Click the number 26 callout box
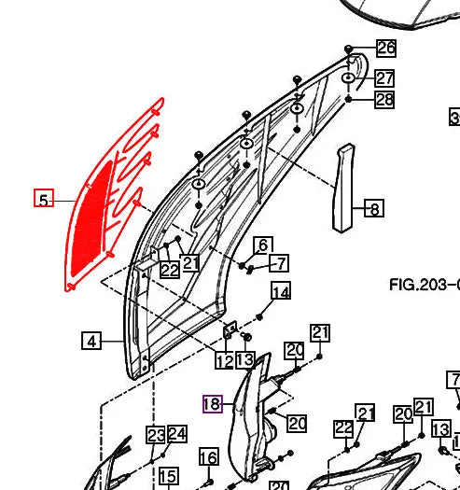point(385,48)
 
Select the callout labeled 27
point(384,78)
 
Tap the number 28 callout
point(384,99)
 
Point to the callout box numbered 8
point(372,208)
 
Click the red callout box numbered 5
point(43,199)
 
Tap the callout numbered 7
point(279,262)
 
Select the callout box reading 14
point(281,292)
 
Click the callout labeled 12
point(225,360)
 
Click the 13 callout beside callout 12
point(244,360)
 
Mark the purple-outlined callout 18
point(213,404)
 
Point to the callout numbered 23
point(155,435)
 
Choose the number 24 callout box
point(176,434)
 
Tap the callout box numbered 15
point(168,477)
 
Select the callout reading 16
point(208,456)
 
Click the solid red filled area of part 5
point(91,216)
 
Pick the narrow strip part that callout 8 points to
point(343,187)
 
